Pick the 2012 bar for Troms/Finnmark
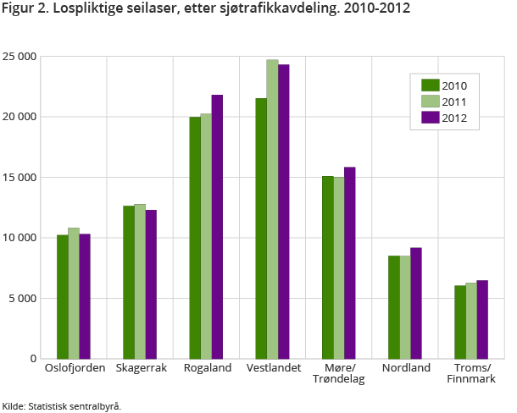[x=482, y=319]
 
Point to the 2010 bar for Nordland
[x=394, y=306]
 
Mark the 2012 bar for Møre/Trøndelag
[x=349, y=262]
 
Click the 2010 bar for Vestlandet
[x=261, y=229]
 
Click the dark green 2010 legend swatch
[x=430, y=85]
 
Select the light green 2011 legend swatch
[x=430, y=102]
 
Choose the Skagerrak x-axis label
[x=140, y=368]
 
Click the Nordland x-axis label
[x=405, y=368]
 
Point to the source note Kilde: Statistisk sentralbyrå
[x=62, y=405]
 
